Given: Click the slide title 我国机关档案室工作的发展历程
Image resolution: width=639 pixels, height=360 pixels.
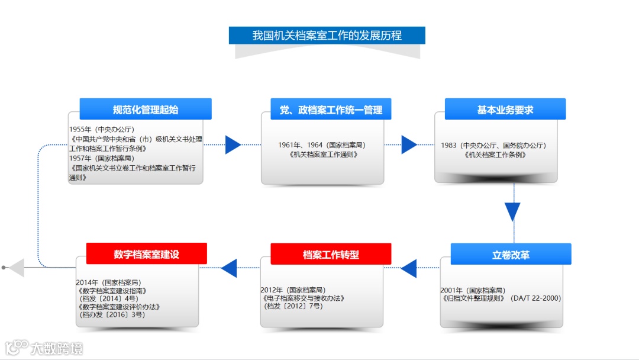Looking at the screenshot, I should (327, 36).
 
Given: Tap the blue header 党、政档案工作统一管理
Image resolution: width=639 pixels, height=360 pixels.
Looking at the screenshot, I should (331, 110).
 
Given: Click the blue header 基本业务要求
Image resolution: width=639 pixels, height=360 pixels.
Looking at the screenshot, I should (505, 110).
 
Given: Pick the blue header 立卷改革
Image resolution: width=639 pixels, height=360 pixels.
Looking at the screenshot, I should (511, 255).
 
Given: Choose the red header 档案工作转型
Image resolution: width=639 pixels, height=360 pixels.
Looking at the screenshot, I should (331, 255).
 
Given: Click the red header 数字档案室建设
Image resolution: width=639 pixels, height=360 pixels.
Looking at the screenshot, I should (146, 254).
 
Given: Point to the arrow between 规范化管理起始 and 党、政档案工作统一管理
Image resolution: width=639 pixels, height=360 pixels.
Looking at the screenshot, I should (233, 144).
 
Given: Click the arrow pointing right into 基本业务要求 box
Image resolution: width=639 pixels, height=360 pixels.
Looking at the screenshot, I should (409, 144).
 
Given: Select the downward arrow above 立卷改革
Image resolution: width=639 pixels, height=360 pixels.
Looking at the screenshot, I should (512, 211).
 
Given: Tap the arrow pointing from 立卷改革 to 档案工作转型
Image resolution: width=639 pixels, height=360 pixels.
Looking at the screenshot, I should (409, 268).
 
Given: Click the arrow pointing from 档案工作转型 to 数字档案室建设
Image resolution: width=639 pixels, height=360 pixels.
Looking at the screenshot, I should (229, 268).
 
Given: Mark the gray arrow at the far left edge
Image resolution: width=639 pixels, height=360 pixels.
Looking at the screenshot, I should (15, 268).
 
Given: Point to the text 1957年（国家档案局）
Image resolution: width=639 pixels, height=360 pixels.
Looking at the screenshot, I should (101, 158).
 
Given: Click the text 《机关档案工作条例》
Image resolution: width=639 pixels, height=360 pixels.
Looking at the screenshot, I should (496, 155).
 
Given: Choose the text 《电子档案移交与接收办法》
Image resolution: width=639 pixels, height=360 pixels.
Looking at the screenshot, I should (303, 298).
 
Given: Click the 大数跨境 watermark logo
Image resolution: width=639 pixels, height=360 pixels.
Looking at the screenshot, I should (44, 347).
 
